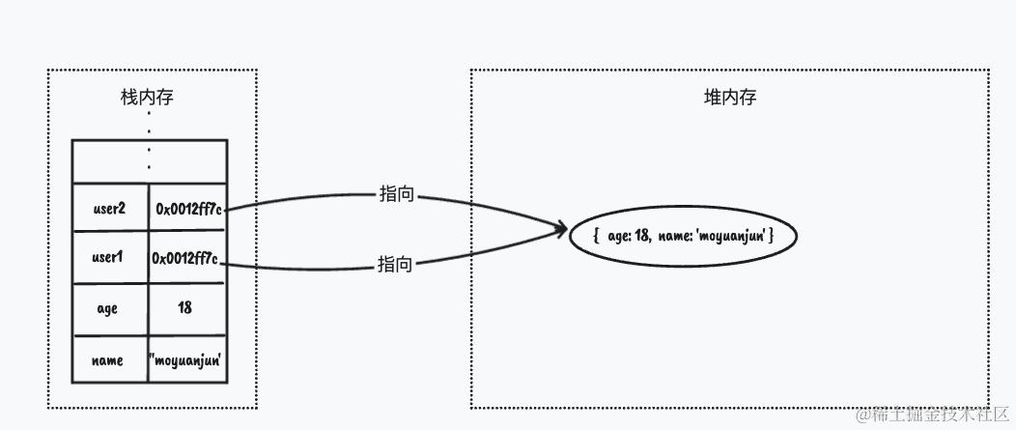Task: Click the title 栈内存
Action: coord(148,99)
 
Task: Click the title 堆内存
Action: coord(729,99)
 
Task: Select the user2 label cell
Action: coord(110,208)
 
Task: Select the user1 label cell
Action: coord(110,259)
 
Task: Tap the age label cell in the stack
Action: coord(108,308)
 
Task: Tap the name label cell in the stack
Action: coord(108,360)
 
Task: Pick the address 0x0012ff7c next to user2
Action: coord(189,208)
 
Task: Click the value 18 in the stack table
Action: coord(185,308)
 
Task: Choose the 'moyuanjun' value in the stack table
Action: coord(186,360)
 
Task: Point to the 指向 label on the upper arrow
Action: coord(396,194)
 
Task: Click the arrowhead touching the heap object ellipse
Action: coord(558,230)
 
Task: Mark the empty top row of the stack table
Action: coord(149,160)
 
